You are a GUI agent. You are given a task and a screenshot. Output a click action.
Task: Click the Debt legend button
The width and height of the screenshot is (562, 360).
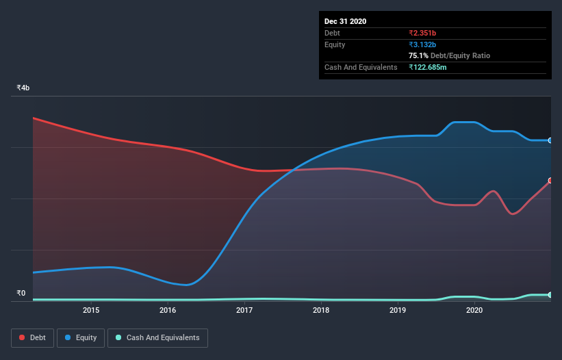click(32, 337)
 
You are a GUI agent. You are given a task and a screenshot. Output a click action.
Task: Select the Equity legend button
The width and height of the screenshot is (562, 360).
click(81, 337)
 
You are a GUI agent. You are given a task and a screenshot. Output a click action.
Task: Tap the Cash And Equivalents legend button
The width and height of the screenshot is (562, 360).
click(157, 337)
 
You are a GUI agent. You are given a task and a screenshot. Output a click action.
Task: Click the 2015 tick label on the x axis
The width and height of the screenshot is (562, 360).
click(91, 311)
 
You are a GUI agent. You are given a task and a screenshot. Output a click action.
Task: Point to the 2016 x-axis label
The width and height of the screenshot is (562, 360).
click(168, 311)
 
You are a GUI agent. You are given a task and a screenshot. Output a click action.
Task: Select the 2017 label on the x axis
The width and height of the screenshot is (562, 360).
click(244, 311)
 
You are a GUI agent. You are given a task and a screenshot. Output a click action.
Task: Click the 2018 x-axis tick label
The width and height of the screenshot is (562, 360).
click(321, 311)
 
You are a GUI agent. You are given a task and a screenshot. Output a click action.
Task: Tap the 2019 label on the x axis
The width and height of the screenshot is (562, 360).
click(398, 311)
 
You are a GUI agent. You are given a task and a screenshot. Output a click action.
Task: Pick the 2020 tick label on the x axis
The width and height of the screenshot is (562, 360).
click(474, 311)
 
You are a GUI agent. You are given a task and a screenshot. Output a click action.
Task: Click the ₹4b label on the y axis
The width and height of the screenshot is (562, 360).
click(23, 88)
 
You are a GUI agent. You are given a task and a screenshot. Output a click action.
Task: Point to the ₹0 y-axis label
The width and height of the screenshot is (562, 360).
click(21, 294)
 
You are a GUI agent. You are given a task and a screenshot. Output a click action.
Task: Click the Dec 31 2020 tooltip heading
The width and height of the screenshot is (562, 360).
click(345, 21)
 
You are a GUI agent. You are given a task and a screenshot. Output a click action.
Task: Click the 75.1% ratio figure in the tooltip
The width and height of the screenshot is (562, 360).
click(418, 55)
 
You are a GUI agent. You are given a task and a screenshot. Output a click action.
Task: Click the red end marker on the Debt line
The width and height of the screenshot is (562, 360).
click(550, 181)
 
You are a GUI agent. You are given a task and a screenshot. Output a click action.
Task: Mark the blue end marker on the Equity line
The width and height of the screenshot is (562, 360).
click(550, 140)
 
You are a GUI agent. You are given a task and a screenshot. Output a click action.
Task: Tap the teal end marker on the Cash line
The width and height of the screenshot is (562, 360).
click(550, 295)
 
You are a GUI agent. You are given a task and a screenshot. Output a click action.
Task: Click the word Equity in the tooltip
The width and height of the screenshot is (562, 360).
click(335, 44)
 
